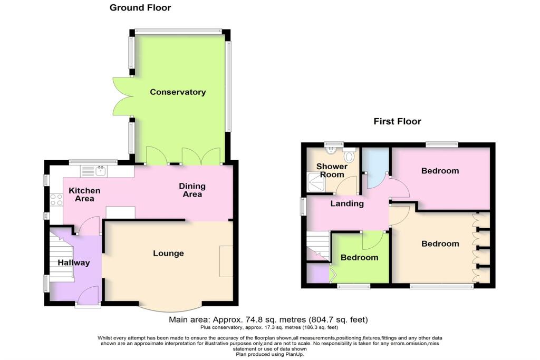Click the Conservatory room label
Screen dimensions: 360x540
point(178,92)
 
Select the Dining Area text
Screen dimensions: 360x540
point(192,190)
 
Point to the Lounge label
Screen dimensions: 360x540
point(168,254)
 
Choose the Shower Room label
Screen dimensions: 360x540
point(332,171)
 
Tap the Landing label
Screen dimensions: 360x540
point(347,203)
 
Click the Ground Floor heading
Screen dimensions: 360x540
point(140,8)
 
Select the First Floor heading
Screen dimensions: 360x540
point(397,122)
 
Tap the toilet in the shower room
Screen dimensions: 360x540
point(349,157)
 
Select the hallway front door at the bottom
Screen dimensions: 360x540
point(88,295)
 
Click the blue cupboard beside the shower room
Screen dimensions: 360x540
point(375,166)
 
